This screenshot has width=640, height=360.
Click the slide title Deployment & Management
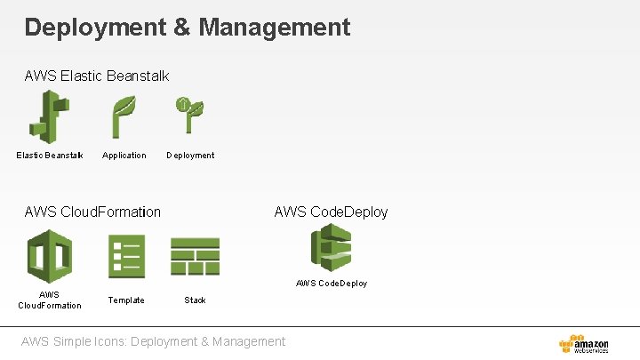tap(188, 27)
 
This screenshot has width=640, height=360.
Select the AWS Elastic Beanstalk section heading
tap(97, 76)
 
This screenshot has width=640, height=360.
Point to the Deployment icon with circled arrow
tap(189, 116)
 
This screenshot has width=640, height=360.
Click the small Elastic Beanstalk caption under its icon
tap(50, 156)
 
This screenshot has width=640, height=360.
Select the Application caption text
tap(124, 156)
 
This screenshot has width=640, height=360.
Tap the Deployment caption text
tap(190, 156)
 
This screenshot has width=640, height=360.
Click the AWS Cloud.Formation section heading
tap(93, 212)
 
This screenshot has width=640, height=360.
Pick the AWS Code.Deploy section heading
tap(331, 212)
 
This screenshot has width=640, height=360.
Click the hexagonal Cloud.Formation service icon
tap(50, 256)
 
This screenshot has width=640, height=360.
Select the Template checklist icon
tap(126, 256)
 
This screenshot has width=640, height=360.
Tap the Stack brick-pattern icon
tap(195, 256)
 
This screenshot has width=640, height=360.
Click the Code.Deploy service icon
tap(331, 247)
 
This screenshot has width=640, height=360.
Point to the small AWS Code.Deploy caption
tap(331, 284)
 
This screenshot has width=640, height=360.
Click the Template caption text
tap(126, 300)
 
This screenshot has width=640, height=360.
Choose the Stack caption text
tap(195, 300)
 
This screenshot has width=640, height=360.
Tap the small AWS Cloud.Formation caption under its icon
tap(50, 300)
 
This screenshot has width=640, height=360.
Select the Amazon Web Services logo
tap(584, 344)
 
